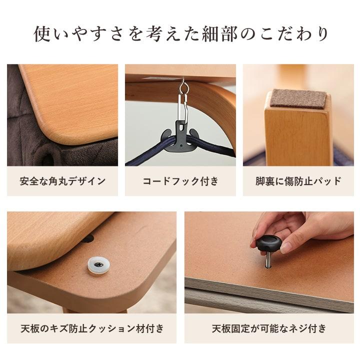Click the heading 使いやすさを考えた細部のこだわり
click(x=180, y=34)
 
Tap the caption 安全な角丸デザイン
click(x=62, y=181)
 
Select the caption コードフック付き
click(x=180, y=181)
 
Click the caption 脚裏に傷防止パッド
click(x=298, y=181)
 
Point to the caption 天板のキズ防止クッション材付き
click(x=91, y=328)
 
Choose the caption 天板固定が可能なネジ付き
click(x=269, y=328)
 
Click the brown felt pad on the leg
click(x=297, y=98)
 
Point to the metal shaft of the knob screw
click(x=268, y=260)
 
